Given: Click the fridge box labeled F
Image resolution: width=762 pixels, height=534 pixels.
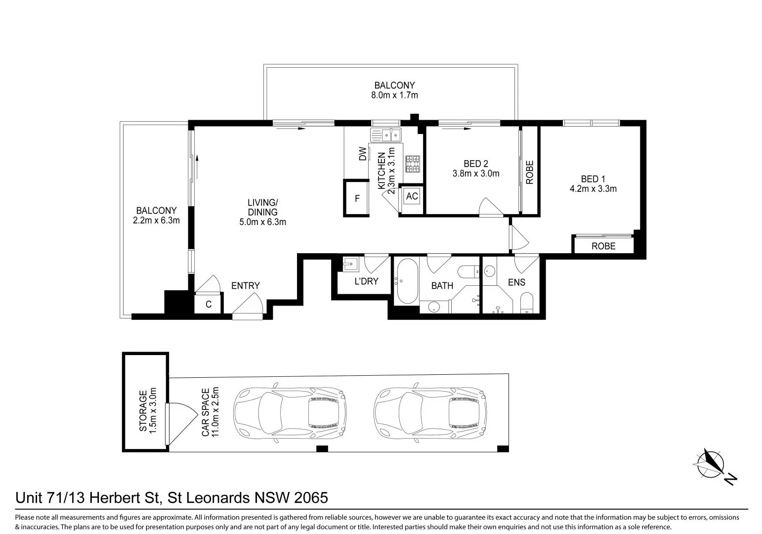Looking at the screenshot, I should coord(357,198).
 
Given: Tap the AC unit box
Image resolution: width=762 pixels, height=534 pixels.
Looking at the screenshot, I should coord(412,196).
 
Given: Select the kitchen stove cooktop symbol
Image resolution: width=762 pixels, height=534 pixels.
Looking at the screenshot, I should coord(412,164).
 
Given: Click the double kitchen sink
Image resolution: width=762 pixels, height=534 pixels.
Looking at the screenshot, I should coord(387,134).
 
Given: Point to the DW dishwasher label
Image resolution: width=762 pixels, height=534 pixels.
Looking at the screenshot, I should coord(363,154).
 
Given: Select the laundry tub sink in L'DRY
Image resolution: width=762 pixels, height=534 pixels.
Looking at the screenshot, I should coord(349,264).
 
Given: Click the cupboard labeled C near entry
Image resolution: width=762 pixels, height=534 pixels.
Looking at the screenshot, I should coord(209,304).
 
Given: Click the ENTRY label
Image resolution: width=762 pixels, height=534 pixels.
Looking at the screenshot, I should coord(245,286).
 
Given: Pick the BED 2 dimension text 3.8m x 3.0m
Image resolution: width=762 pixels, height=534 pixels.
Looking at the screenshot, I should coord(475,174).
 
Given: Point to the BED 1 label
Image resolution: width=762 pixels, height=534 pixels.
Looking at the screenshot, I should coord(593,178).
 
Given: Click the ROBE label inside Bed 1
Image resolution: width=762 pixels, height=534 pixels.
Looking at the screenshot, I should coord(603,246).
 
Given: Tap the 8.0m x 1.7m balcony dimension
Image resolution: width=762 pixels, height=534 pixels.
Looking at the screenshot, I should coord(394,95).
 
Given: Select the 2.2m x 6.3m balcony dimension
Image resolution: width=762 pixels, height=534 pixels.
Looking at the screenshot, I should coord(156,221).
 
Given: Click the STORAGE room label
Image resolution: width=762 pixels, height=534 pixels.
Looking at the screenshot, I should coord(143,411).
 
